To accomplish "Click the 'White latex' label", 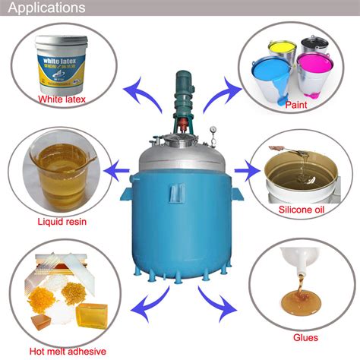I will pyautogui.click(x=65, y=98).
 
